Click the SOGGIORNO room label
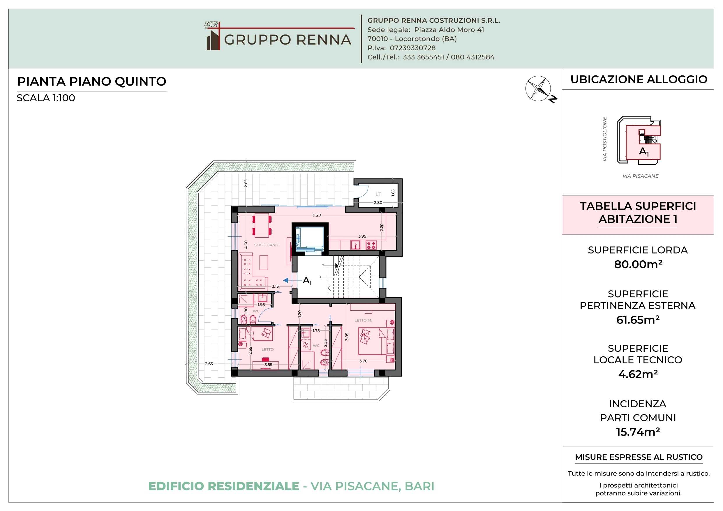[266, 245]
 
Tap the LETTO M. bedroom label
[363, 320]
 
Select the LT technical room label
[378, 194]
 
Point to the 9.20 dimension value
[317, 215]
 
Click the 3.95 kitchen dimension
[362, 236]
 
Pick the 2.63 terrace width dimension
[209, 364]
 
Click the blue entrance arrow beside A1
[285, 280]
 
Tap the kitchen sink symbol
[355, 245]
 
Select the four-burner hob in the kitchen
[371, 245]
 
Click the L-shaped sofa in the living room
[253, 272]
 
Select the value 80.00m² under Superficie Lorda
[638, 264]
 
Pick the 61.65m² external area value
[638, 320]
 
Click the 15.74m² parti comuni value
[638, 432]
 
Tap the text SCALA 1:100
[46, 98]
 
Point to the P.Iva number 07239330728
[412, 48]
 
